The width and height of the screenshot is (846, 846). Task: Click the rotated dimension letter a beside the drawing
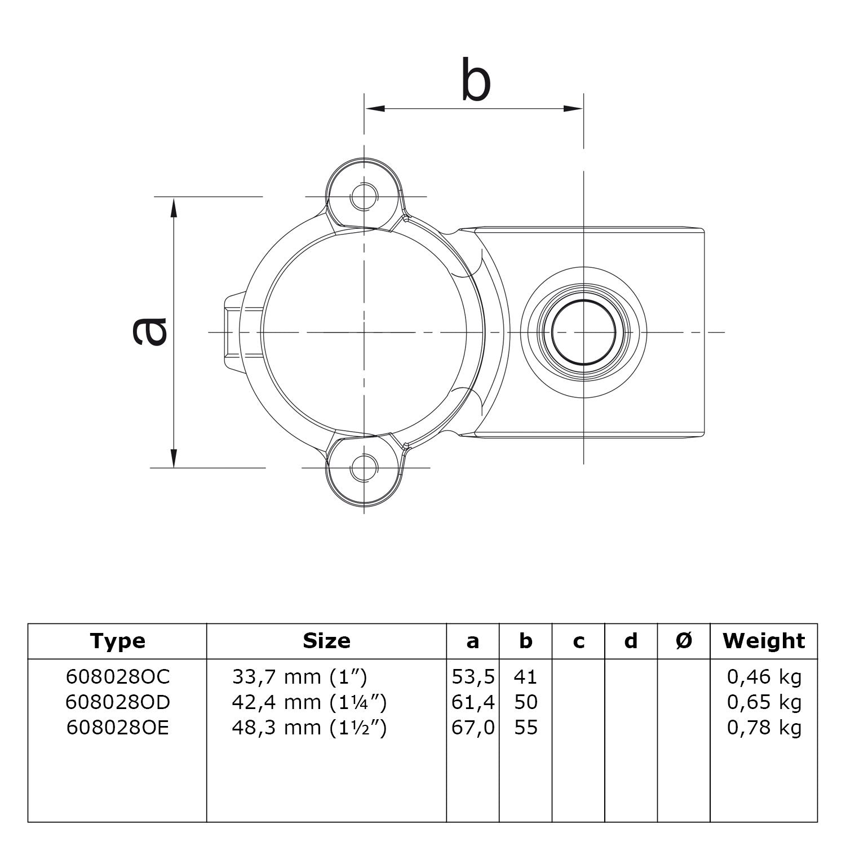click(149, 331)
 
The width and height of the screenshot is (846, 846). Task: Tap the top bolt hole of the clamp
click(364, 196)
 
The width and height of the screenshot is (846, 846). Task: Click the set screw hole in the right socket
click(583, 332)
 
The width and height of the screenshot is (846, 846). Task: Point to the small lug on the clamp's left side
click(233, 332)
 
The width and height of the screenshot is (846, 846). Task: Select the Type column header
click(117, 641)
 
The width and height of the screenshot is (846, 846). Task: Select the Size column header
click(326, 641)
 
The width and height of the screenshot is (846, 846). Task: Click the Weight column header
click(764, 641)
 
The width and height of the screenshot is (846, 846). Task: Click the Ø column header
click(683, 641)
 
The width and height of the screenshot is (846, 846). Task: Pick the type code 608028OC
click(117, 676)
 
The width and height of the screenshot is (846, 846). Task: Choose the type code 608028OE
click(117, 728)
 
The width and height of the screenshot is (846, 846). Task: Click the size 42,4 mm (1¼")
click(309, 702)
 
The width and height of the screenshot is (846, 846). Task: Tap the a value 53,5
click(473, 676)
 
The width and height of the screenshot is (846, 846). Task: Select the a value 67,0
click(473, 728)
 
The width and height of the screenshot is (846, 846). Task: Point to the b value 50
click(526, 702)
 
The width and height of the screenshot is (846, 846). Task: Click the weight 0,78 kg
click(764, 728)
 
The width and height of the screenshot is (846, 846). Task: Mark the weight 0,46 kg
click(764, 676)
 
